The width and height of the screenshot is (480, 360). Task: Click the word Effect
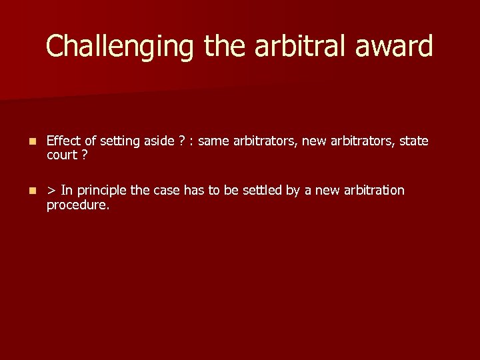point(63,141)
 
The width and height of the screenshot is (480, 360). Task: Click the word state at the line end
point(413,141)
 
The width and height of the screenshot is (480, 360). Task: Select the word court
point(62,155)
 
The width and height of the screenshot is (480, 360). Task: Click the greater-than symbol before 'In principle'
point(51,191)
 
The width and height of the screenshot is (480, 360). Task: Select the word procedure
point(76,205)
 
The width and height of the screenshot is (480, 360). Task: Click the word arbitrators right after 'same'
point(264,141)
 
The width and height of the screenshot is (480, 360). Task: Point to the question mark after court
point(85,155)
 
